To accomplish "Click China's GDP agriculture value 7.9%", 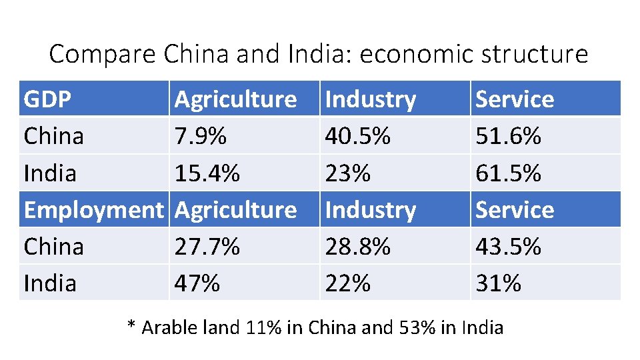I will click(x=201, y=136).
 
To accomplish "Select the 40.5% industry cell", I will click(x=357, y=136).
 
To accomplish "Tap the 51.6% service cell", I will click(x=508, y=136).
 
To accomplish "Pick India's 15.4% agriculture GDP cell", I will click(x=207, y=173).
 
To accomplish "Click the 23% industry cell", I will click(x=347, y=173).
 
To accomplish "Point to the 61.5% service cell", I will click(x=508, y=173).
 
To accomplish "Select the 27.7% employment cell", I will click(x=207, y=247).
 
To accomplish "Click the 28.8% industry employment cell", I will click(x=357, y=247).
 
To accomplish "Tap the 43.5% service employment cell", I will click(x=508, y=247).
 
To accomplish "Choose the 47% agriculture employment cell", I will click(x=197, y=283).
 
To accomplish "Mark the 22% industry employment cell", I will click(x=347, y=283).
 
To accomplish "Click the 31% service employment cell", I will click(x=498, y=283).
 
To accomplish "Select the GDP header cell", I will click(x=47, y=99).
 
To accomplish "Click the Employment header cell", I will click(x=93, y=210).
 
